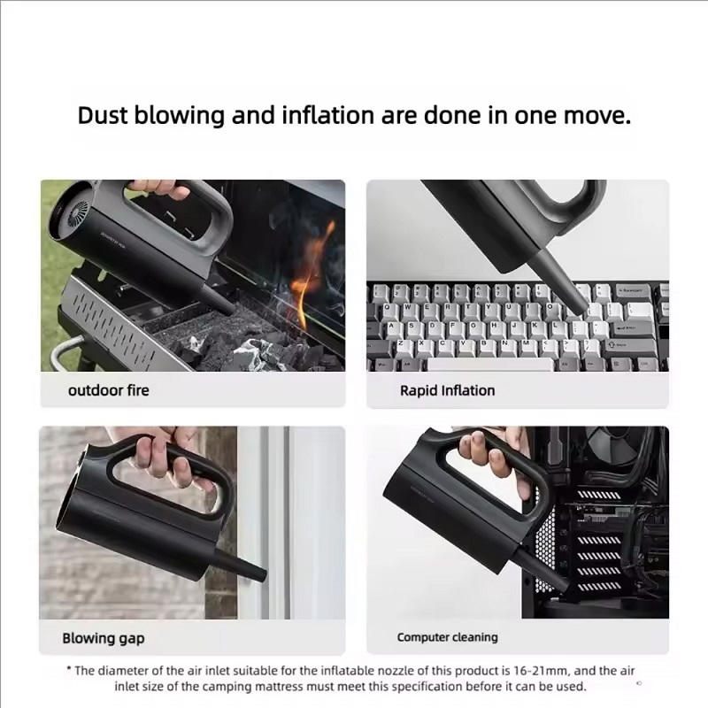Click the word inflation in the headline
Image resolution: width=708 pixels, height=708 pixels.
point(328,115)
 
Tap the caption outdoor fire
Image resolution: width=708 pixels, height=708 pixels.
point(108,390)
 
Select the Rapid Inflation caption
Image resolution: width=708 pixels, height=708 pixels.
point(448,390)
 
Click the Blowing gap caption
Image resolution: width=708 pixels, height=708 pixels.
point(104,638)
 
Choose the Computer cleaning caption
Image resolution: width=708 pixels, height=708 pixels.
point(448,637)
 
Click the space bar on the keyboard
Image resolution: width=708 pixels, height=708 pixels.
point(490,365)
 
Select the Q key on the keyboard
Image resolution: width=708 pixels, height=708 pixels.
point(387,308)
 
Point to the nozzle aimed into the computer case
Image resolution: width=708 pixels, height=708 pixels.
point(541,568)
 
